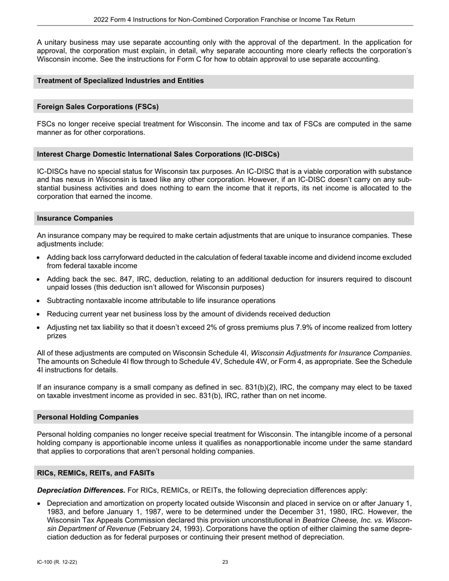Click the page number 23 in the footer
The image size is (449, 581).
click(x=225, y=562)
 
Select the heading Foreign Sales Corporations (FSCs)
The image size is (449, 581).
click(x=98, y=107)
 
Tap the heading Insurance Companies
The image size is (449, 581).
click(x=75, y=218)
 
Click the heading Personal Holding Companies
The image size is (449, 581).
click(x=88, y=417)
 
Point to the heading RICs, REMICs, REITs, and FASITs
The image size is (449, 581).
click(x=95, y=473)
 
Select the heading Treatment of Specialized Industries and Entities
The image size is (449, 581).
click(x=121, y=81)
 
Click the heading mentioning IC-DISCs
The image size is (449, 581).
click(x=158, y=154)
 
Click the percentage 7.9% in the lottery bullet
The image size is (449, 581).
click(x=288, y=327)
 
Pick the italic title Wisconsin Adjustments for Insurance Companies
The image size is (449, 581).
click(x=330, y=353)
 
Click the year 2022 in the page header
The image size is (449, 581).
click(x=101, y=20)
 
